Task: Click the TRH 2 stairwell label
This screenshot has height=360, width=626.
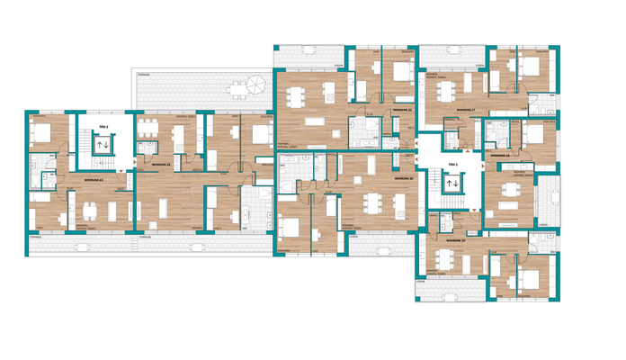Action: tap(103, 128)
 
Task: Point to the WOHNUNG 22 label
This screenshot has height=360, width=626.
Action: tap(162, 166)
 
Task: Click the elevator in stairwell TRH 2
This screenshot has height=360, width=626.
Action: tap(103, 144)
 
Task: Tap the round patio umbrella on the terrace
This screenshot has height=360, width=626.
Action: tap(256, 85)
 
